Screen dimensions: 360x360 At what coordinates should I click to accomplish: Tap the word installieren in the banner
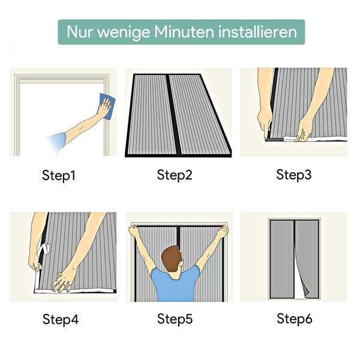coord(258,32)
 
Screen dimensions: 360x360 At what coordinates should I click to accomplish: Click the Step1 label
coord(59,175)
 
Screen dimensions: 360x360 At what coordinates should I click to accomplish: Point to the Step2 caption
coord(175,175)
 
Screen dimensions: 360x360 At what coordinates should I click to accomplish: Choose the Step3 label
coord(293,175)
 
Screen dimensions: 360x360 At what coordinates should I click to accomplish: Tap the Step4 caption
coord(61,319)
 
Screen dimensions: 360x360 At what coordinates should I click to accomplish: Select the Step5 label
coord(175,319)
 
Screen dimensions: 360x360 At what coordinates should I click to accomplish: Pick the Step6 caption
coord(295,319)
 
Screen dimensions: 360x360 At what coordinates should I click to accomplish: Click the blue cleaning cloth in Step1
coord(107,106)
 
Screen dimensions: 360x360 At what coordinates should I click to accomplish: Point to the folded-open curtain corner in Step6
coord(305,291)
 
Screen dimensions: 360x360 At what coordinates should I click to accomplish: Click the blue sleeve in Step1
coord(57,143)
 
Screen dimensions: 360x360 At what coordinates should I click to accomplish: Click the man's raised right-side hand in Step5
coord(223,232)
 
